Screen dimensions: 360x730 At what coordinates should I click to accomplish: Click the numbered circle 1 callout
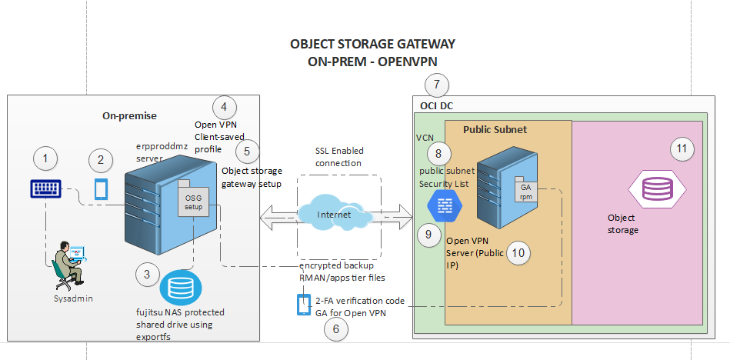tap(46, 159)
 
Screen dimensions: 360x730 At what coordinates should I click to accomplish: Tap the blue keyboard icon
tap(46, 188)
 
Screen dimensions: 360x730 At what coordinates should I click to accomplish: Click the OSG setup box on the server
tap(192, 202)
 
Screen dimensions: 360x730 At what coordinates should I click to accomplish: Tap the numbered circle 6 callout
tap(335, 329)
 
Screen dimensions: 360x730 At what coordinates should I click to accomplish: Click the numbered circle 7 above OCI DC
tap(437, 84)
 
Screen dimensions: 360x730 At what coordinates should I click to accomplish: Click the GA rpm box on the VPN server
tap(527, 191)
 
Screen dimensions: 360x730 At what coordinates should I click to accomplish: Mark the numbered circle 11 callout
tap(680, 149)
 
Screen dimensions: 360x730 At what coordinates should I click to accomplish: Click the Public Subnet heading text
tap(495, 129)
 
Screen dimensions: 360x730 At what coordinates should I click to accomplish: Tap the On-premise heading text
tap(129, 115)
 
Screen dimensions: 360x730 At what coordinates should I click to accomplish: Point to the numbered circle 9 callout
tap(429, 235)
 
